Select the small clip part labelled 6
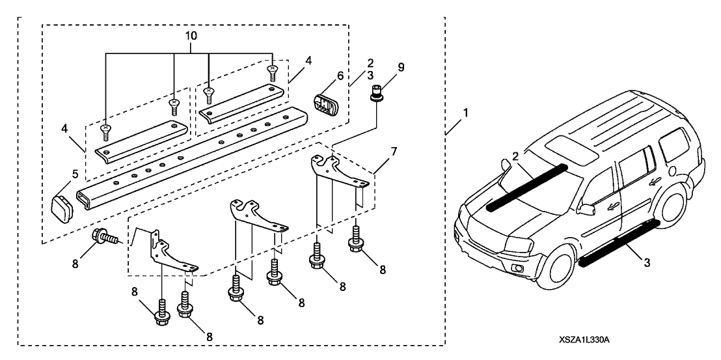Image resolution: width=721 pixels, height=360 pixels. [323, 104]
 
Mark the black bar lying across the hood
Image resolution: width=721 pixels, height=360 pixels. [525, 187]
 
